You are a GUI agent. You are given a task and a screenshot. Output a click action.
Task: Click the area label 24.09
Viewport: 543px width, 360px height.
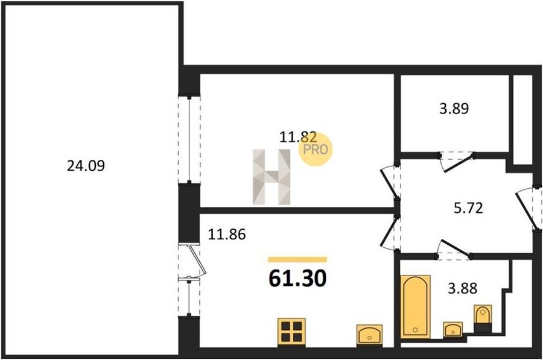click(x=86, y=166)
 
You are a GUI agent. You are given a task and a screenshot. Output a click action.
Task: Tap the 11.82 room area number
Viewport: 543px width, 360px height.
click(x=298, y=137)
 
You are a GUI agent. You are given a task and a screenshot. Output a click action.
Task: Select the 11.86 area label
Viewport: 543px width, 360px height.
click(x=227, y=235)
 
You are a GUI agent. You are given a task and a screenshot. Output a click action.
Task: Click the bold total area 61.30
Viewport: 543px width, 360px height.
click(x=297, y=279)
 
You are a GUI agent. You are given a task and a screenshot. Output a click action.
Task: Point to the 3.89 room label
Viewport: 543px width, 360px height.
click(x=454, y=109)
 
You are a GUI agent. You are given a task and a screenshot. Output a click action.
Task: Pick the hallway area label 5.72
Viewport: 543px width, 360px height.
click(x=468, y=208)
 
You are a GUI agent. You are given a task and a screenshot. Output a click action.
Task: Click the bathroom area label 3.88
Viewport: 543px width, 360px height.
click(x=462, y=288)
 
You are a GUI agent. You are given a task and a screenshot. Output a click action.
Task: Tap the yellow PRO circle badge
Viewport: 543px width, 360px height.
click(x=316, y=149)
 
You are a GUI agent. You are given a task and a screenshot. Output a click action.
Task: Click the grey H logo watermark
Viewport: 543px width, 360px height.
click(x=271, y=177)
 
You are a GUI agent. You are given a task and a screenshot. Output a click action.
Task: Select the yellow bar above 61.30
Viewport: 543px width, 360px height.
click(x=297, y=260)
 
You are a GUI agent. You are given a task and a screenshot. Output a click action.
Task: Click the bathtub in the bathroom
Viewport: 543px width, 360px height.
click(x=416, y=307)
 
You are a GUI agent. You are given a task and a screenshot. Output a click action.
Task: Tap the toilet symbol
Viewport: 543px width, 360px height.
click(x=483, y=318)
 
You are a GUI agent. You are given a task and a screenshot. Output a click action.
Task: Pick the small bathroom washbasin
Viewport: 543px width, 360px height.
click(x=453, y=329)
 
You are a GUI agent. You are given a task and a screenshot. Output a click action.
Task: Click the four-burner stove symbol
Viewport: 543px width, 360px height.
click(x=291, y=332)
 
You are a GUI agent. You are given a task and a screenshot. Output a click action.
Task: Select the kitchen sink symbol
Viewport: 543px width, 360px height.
click(x=369, y=335)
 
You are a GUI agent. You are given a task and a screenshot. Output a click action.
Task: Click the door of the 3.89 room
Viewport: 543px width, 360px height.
click(x=457, y=162)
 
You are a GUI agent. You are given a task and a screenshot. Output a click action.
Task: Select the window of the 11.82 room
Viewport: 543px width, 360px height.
click(x=189, y=139)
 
